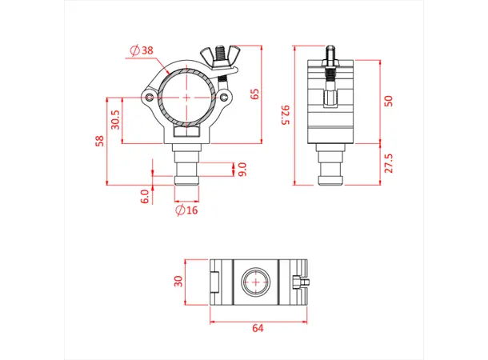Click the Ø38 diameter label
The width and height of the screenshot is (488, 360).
tap(142, 51)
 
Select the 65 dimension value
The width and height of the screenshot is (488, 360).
tap(255, 94)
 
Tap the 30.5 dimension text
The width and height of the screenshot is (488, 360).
tap(117, 120)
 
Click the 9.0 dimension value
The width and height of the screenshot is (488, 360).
tap(242, 169)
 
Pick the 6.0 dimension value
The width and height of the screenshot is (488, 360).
tap(145, 196)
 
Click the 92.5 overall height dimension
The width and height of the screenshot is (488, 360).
tap(284, 114)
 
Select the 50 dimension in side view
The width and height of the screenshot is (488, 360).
tap(389, 102)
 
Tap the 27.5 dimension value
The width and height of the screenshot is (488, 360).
tap(389, 164)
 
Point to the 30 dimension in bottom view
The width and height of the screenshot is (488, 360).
tap(179, 282)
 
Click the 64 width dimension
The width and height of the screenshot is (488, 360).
tap(258, 328)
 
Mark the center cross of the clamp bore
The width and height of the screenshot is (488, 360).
tap(187, 97)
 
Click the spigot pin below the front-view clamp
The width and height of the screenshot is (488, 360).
tap(187, 172)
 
